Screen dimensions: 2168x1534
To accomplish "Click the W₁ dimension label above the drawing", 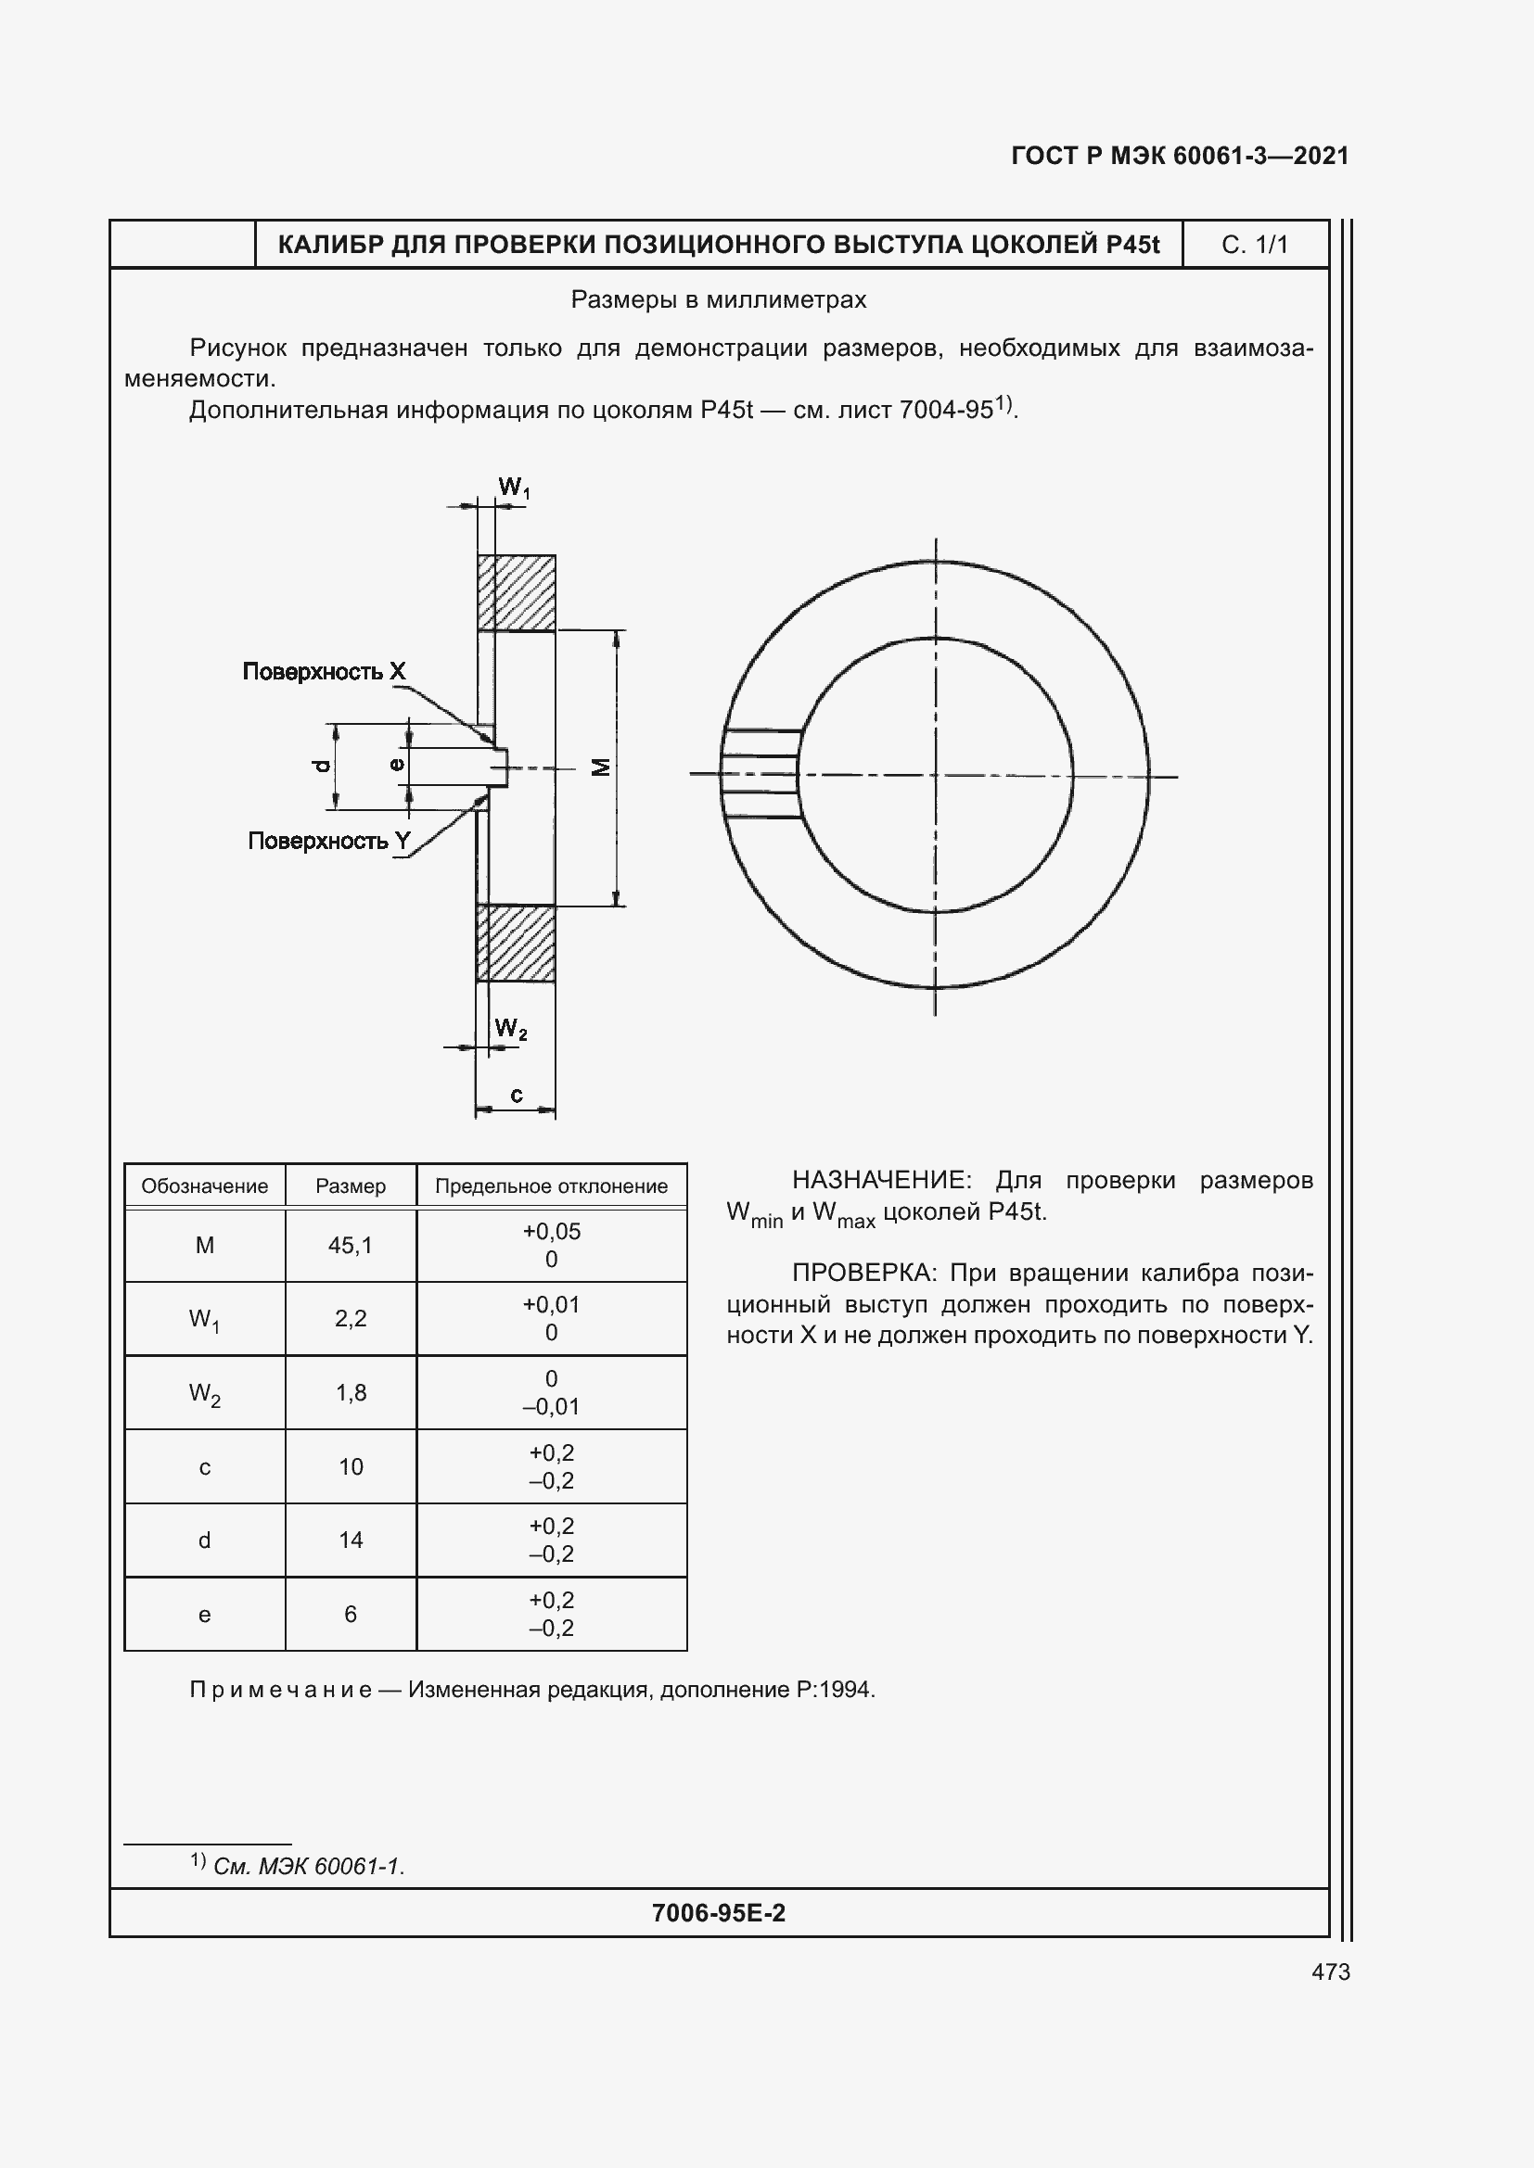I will (514, 488).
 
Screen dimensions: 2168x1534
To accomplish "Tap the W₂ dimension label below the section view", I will (510, 1028).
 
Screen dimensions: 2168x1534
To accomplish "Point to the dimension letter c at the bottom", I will (516, 1095).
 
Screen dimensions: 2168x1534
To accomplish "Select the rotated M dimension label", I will (602, 767).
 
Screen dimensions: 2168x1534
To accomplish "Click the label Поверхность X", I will (324, 671).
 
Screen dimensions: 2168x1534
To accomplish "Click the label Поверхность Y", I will (328, 841).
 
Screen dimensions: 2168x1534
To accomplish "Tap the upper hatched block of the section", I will (516, 592).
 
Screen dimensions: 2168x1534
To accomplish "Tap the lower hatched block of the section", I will (516, 944).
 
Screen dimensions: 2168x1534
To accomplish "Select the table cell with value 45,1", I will (351, 1246).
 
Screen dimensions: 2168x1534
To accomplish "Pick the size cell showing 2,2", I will (351, 1318).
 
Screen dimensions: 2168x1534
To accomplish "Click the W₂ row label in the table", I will (204, 1393).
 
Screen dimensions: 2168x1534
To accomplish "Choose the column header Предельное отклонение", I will (551, 1186).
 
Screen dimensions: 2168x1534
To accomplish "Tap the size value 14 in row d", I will (351, 1540).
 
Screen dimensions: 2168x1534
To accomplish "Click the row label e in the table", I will (204, 1615).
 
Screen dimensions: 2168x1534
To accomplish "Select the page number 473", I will (1330, 1971).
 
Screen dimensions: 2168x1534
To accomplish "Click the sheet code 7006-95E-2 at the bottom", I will (718, 1913).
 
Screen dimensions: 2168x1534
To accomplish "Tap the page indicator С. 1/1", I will (1254, 245).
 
